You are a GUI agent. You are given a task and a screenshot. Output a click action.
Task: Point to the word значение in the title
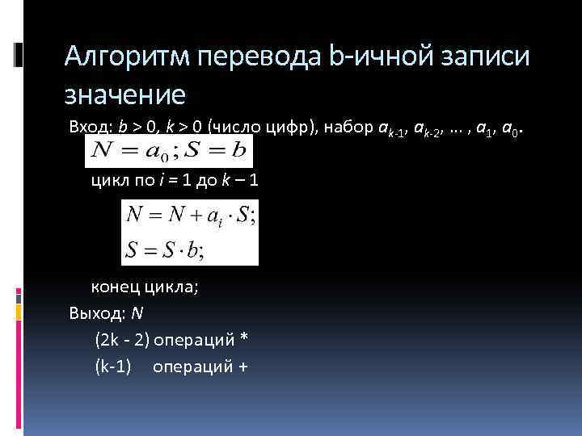tap(125, 94)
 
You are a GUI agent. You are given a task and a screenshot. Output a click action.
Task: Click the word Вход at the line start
tap(87, 128)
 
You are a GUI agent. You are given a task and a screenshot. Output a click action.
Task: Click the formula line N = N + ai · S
tap(191, 216)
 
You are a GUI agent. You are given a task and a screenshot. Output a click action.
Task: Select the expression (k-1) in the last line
tap(113, 366)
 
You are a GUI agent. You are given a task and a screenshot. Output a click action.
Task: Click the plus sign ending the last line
tap(242, 366)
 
